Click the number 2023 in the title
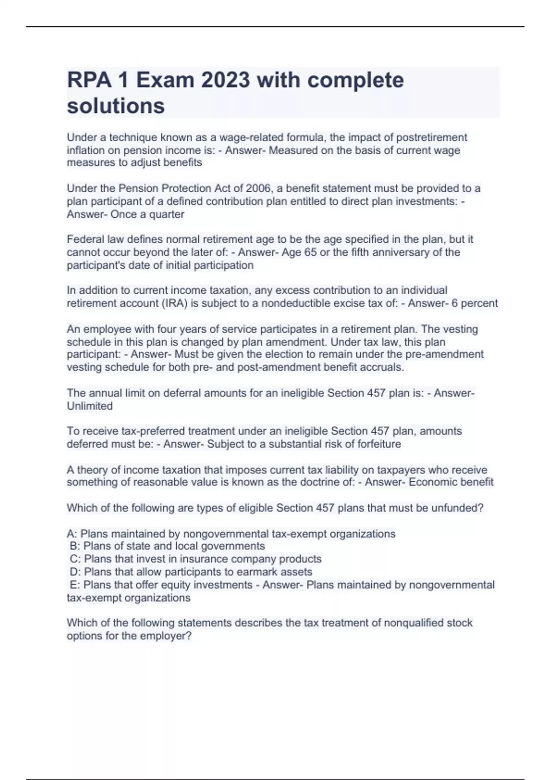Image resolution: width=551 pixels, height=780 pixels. pos(225,80)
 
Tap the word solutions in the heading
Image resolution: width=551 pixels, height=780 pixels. pos(116,106)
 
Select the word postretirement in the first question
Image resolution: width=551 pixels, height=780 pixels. pos(432,138)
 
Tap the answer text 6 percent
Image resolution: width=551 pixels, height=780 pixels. pos(475,303)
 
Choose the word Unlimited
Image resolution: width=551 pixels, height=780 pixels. pos(90,406)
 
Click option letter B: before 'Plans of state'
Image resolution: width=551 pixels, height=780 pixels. pos(75,546)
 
